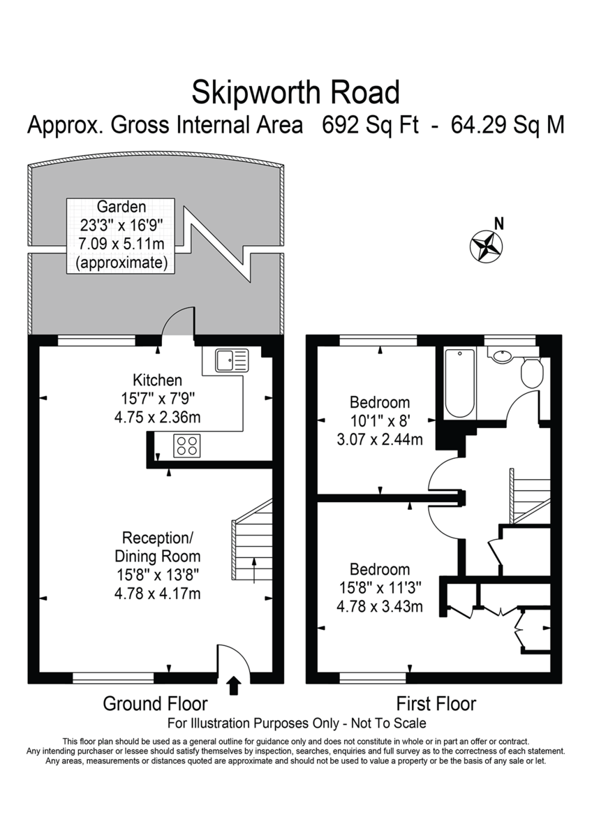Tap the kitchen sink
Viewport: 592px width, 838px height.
pyautogui.click(x=231, y=360)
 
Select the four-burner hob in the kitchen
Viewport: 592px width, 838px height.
pyautogui.click(x=186, y=446)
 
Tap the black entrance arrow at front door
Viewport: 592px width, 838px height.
pyautogui.click(x=234, y=686)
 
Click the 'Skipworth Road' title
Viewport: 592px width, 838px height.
pyautogui.click(x=296, y=91)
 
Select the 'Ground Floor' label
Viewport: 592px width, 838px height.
pyautogui.click(x=155, y=703)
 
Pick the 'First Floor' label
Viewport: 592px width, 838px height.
pyautogui.click(x=436, y=703)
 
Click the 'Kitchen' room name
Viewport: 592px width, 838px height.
pyautogui.click(x=157, y=381)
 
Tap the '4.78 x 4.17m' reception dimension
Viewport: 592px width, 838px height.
pyautogui.click(x=157, y=594)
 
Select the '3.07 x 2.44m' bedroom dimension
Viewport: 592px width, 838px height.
pyautogui.click(x=379, y=439)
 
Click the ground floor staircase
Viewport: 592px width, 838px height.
pyautogui.click(x=252, y=541)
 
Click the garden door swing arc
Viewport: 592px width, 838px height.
pyautogui.click(x=177, y=322)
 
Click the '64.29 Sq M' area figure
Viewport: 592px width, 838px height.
pyautogui.click(x=508, y=126)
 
